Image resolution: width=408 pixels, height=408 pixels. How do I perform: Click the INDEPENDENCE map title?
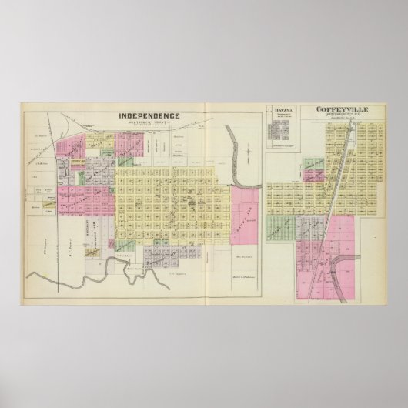[149, 116]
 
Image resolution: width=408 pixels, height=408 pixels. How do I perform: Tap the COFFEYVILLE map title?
[341, 110]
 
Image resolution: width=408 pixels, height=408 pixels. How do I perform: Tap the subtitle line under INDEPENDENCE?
[149, 123]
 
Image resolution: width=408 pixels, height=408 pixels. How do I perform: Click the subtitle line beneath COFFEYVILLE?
[341, 116]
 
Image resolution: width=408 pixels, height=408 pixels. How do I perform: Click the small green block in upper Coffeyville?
[312, 166]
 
